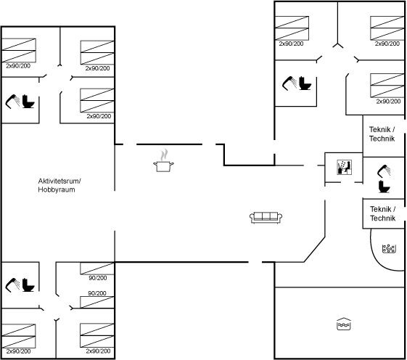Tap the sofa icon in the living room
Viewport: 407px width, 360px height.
point(266,218)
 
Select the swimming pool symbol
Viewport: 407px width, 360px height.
point(344,324)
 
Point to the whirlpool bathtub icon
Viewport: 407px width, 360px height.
point(389,248)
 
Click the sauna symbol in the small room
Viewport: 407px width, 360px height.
point(344,167)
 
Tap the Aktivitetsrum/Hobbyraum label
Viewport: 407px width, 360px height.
point(59,185)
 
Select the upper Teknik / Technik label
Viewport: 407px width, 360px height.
point(382,134)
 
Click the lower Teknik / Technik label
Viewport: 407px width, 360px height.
point(383,213)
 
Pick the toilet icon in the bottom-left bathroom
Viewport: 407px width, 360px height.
point(28,285)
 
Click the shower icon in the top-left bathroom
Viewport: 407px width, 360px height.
point(12,102)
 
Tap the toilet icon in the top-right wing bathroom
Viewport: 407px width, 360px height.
point(305,83)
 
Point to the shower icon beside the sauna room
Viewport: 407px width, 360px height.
point(385,171)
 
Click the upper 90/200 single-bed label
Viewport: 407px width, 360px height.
point(98,278)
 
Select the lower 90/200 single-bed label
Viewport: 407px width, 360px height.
point(97,293)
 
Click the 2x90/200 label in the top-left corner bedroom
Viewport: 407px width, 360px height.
point(18,66)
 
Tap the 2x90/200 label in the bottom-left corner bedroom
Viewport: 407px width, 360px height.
point(18,351)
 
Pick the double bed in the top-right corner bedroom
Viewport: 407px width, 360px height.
point(387,28)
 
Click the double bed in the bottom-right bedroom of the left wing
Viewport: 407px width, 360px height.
point(97,335)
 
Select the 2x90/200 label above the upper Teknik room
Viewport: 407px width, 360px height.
point(388,102)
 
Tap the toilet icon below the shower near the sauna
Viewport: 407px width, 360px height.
point(385,187)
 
